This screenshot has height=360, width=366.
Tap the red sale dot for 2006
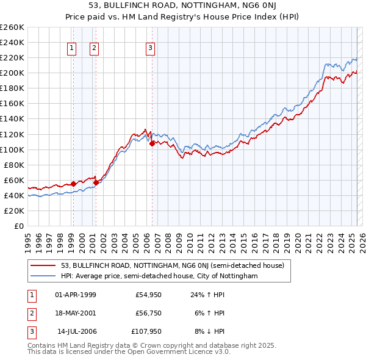pyautogui.click(x=152, y=143)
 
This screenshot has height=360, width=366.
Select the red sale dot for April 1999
pyautogui.click(x=73, y=184)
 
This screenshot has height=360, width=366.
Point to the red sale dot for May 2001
pyautogui.click(x=96, y=182)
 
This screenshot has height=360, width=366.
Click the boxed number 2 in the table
pyautogui.click(x=30, y=314)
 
